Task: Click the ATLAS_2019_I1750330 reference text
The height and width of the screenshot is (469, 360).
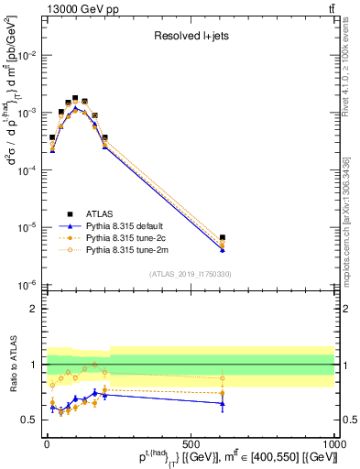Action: click(x=190, y=274)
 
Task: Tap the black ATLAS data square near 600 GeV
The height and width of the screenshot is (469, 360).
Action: click(x=223, y=238)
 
